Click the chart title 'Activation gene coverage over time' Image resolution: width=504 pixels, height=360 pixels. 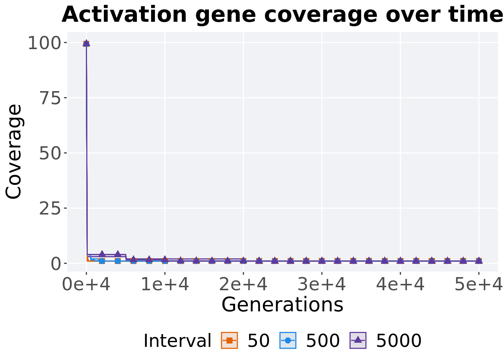point(282,15)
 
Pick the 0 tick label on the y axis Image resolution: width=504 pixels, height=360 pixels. point(56,264)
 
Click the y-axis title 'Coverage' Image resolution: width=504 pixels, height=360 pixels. point(14,151)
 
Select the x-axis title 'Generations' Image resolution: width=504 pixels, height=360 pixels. point(282,304)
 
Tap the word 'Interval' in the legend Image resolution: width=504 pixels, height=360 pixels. point(177,341)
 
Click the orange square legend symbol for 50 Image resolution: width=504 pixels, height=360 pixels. point(229,340)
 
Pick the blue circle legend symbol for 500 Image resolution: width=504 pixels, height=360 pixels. point(288,340)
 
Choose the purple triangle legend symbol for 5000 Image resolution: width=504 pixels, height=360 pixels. point(358,340)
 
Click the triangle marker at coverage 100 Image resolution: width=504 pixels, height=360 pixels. point(86,43)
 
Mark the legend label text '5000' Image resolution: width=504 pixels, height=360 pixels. point(399,341)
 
